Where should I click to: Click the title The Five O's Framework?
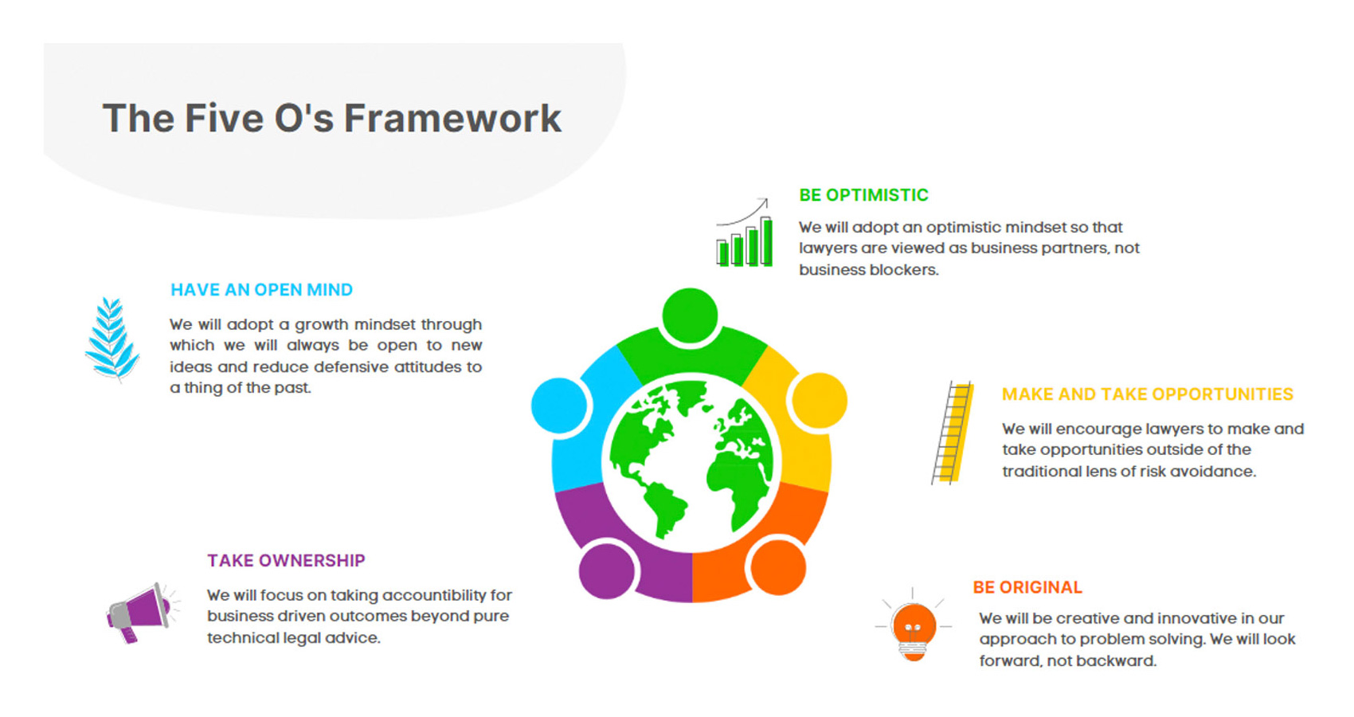coord(331,119)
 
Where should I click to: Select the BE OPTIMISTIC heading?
coord(863,195)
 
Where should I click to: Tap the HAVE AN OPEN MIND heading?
coord(261,290)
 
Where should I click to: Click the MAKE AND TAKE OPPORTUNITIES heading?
coord(1147,394)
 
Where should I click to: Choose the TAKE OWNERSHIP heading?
coord(286,561)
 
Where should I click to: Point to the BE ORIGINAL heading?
coord(1027,588)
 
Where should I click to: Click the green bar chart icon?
coord(745,236)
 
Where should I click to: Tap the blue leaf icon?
coord(112,338)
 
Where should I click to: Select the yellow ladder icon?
coord(953,433)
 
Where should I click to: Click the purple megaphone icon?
coord(139,612)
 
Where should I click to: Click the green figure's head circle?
coord(690,315)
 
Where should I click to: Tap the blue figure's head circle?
coord(560,406)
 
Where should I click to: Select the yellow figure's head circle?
coord(820,400)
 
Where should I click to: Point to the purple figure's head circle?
coord(607,570)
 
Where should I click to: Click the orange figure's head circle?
coord(778,567)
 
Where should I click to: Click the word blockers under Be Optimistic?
coord(902,270)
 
